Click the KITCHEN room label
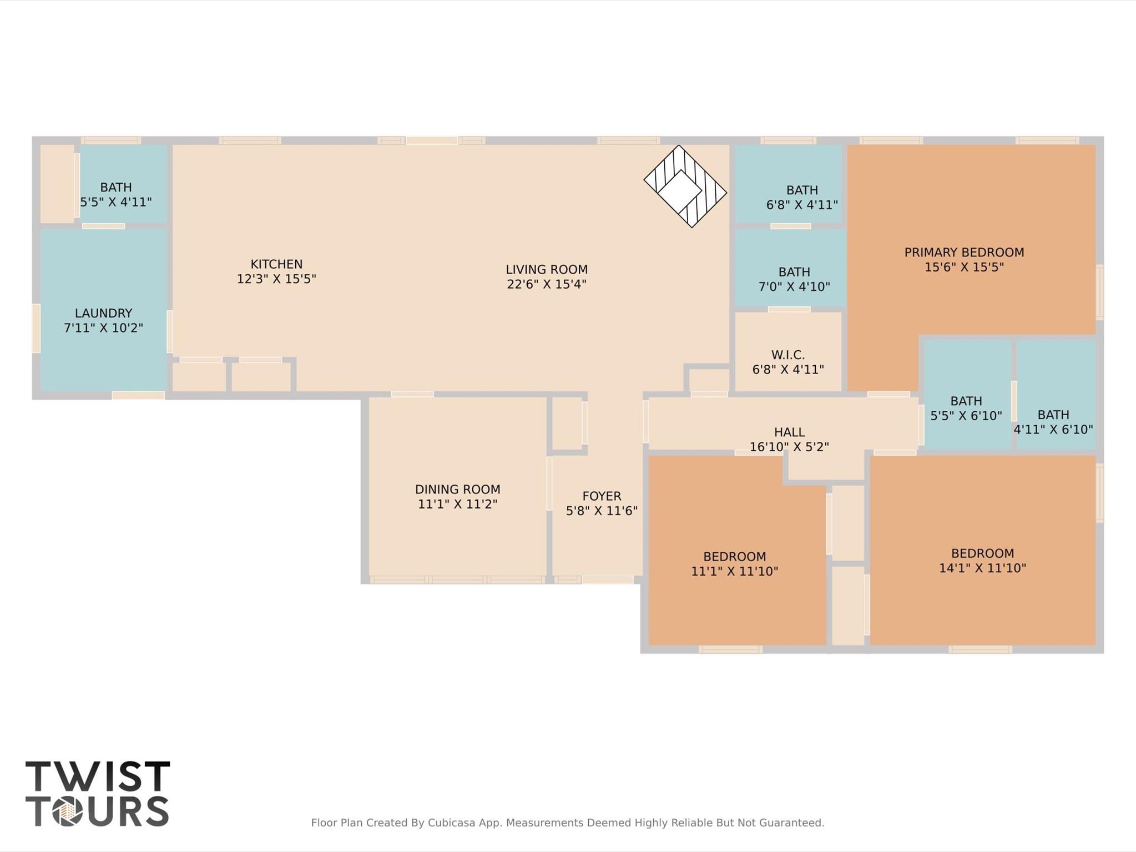276,264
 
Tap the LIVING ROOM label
546,270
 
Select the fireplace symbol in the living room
685,186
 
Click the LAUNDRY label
103,313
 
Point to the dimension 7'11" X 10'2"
103,328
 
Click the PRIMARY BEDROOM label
964,253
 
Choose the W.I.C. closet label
787,355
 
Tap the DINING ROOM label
457,490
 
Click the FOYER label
602,496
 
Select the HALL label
789,432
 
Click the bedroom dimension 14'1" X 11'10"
982,568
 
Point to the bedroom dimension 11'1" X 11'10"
734,571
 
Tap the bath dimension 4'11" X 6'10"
1053,430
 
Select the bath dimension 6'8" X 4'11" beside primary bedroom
802,205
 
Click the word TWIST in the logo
98,777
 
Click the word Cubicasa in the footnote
451,823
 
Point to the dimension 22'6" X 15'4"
546,285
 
